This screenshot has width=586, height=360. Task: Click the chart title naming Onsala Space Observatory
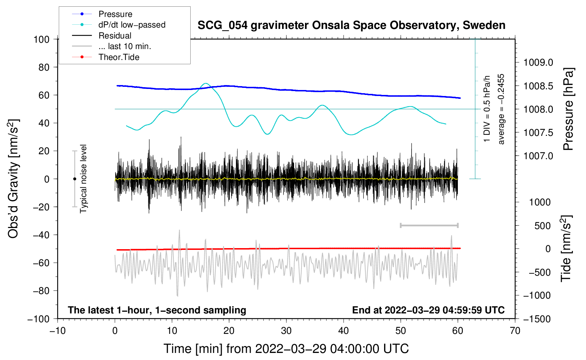(351, 25)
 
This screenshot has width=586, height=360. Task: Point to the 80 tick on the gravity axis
(44, 67)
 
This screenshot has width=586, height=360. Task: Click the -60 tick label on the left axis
(41, 263)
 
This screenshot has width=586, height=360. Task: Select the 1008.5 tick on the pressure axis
(538, 86)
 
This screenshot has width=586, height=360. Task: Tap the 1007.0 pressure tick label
(538, 156)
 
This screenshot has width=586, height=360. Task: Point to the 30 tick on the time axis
(286, 331)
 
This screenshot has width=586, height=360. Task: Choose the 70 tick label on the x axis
(515, 331)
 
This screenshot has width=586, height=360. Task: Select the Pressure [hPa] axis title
(568, 109)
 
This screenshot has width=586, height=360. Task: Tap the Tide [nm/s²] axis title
(566, 248)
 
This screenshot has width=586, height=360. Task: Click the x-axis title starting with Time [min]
(286, 349)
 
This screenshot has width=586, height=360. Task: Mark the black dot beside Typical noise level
(74, 179)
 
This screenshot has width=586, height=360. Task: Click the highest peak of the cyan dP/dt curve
(206, 83)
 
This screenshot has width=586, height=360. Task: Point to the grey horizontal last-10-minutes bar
(429, 226)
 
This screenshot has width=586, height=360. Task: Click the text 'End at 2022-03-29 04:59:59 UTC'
(428, 310)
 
